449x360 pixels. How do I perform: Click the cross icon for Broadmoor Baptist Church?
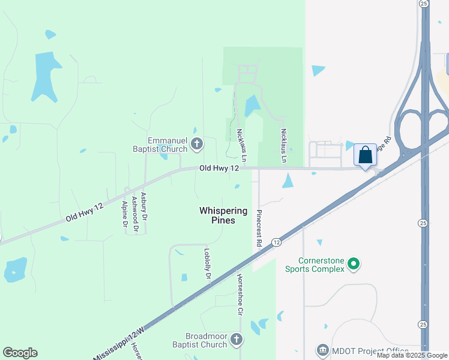pos(237,340)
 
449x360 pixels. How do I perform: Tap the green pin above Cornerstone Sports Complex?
pos(354,263)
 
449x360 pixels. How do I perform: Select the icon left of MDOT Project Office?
pos(322,350)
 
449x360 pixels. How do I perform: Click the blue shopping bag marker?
pos(365,155)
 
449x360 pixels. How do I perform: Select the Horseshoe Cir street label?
pos(239,296)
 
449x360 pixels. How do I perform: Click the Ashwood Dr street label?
pos(134,213)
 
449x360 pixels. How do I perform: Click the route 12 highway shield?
pos(276,242)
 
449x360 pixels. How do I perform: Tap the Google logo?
pos(20,353)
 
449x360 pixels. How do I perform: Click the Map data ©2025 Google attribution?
pos(412,356)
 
